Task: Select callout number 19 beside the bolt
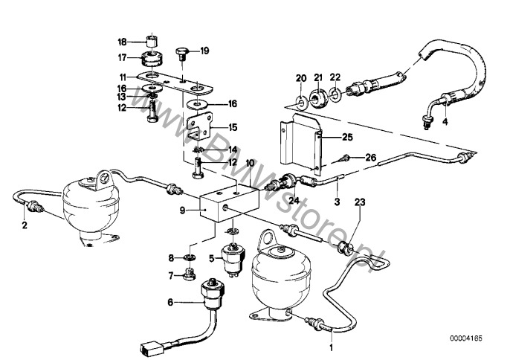pos(205,51)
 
